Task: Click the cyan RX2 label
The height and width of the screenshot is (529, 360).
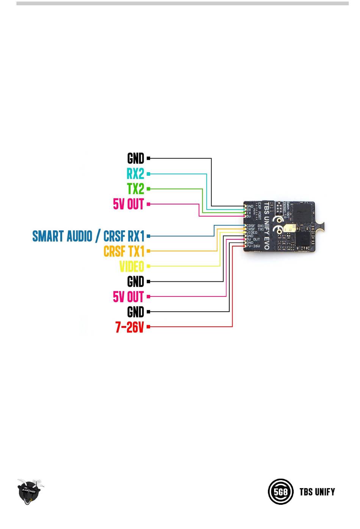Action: pyautogui.click(x=135, y=174)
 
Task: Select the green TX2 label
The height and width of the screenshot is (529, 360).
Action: pyautogui.click(x=136, y=189)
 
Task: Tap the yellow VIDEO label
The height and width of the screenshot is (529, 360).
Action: pyautogui.click(x=132, y=266)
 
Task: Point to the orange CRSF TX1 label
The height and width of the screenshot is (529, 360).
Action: pyautogui.click(x=124, y=251)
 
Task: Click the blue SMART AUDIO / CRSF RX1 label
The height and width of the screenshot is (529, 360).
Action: pyautogui.click(x=88, y=236)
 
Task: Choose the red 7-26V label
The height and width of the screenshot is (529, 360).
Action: pyautogui.click(x=130, y=327)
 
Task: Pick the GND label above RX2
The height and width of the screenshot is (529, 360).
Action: pyautogui.click(x=136, y=158)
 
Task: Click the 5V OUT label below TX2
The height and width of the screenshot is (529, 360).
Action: pyautogui.click(x=128, y=204)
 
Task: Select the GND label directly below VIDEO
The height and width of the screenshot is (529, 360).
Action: pyautogui.click(x=136, y=282)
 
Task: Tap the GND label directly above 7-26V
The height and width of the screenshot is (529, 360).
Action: pyautogui.click(x=136, y=312)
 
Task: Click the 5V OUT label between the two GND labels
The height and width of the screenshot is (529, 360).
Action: pyautogui.click(x=128, y=296)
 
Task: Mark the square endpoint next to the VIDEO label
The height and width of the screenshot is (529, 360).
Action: pyautogui.click(x=149, y=266)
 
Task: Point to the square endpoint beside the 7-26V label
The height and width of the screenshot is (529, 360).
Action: pyautogui.click(x=149, y=326)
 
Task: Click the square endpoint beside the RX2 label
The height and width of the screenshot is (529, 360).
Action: pyautogui.click(x=149, y=174)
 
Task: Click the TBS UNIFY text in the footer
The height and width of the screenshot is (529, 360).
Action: pyautogui.click(x=317, y=492)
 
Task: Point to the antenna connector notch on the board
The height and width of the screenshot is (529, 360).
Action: pyautogui.click(x=321, y=226)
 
